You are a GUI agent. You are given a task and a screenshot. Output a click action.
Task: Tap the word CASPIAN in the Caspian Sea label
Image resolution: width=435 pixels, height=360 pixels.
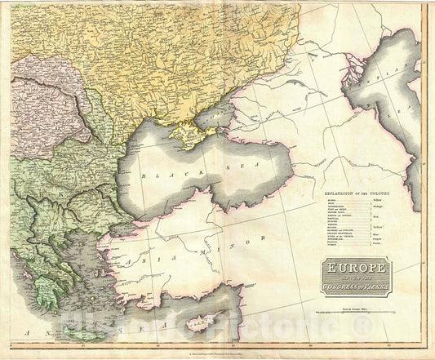(x=400, y=69)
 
